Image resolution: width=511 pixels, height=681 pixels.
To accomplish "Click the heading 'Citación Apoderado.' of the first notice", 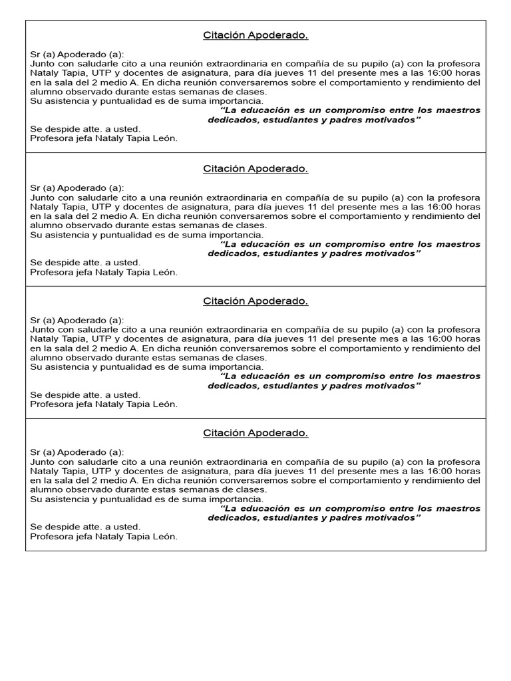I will [x=255, y=36].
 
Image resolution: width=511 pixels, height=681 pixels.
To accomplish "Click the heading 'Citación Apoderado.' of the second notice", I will [x=255, y=169].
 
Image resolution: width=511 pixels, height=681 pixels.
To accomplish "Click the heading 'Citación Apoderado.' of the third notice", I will [x=255, y=301].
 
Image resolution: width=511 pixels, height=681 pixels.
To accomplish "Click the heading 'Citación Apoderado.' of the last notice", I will [x=255, y=434].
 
